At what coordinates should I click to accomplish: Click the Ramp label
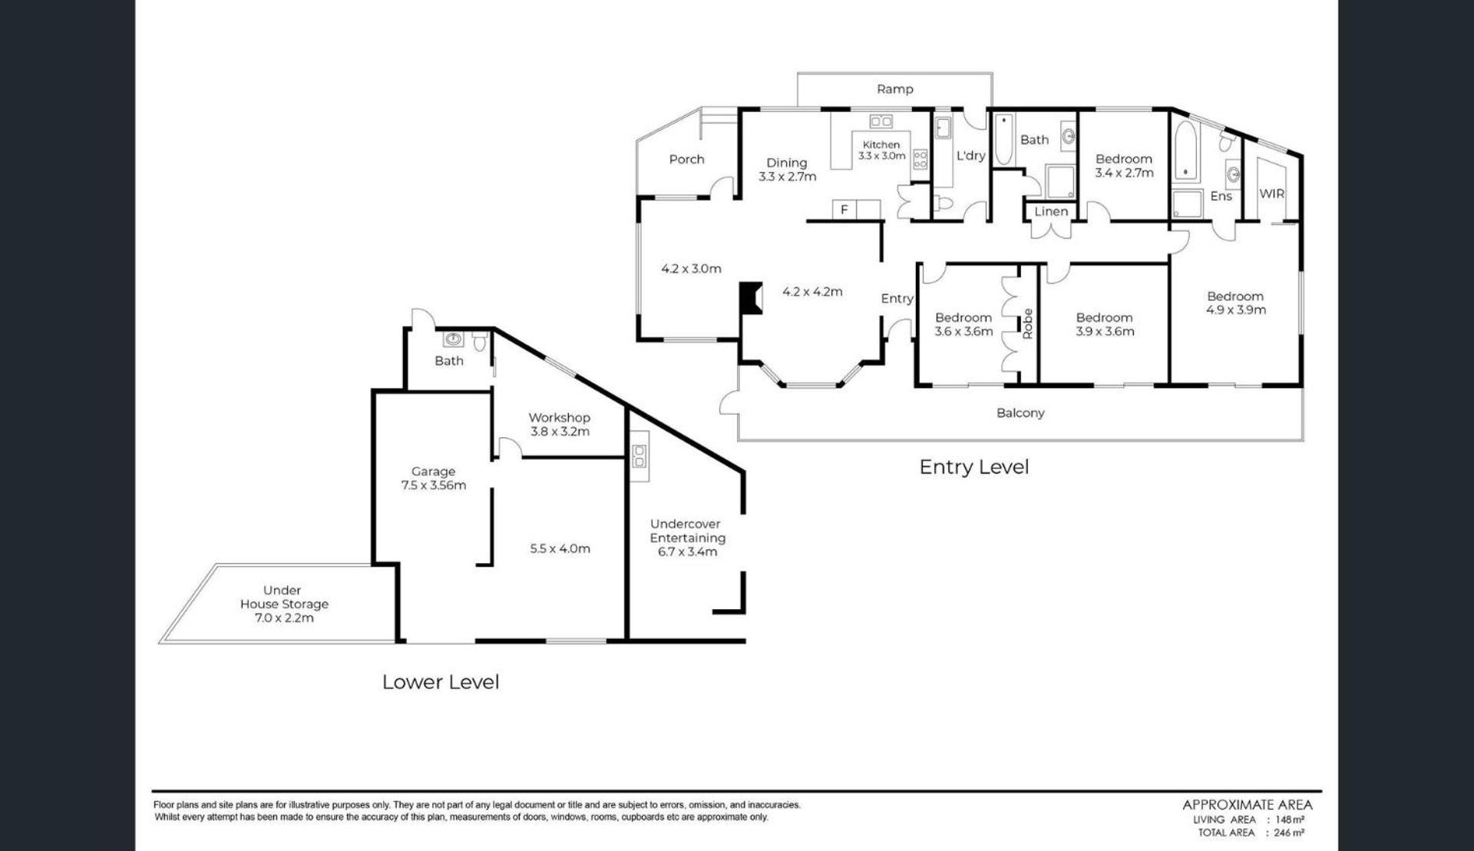895,89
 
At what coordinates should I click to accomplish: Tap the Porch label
686,159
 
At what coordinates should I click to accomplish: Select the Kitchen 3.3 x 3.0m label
881,150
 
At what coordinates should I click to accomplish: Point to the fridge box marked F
844,210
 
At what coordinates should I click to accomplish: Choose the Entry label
897,299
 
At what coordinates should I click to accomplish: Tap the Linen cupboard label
1051,211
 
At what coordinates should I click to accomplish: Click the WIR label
1272,194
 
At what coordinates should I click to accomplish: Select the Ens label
1221,196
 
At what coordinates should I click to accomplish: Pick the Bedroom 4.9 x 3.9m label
1235,303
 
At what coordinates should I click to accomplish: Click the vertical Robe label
1028,323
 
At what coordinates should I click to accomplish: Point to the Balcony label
1020,412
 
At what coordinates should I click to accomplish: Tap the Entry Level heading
974,466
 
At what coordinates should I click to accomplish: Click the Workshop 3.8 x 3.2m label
560,424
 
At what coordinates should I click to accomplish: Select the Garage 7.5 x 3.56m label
434,478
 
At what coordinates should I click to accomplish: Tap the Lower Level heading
441,681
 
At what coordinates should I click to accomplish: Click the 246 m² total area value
1290,833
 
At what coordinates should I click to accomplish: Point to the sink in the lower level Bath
454,339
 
